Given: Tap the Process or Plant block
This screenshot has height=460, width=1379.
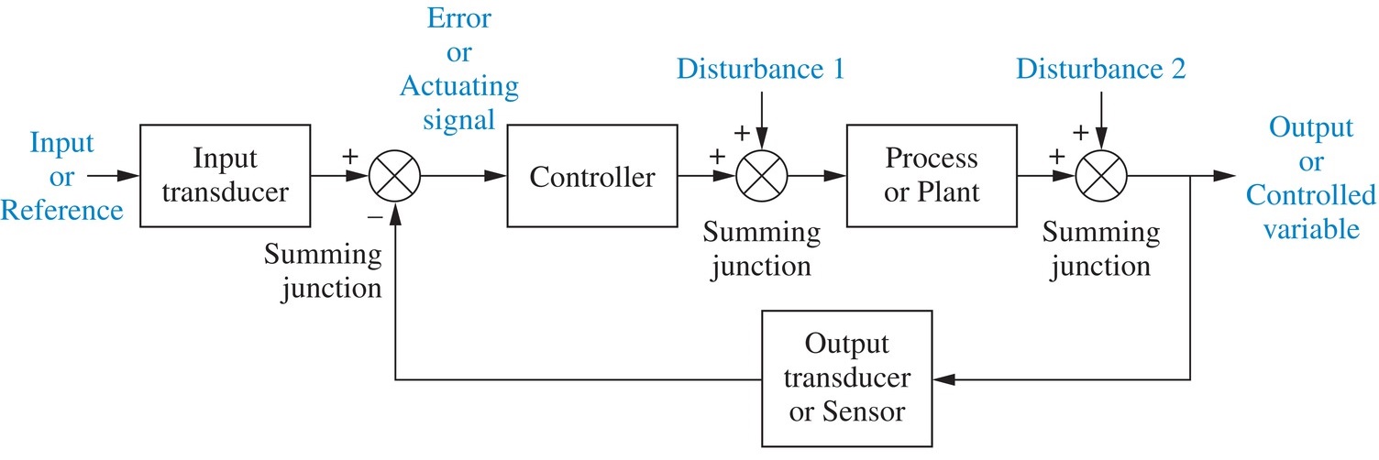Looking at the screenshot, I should point(932,175).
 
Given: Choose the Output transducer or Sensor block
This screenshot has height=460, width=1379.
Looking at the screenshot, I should point(845,377).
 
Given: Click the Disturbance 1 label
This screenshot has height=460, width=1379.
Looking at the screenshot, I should point(760,70).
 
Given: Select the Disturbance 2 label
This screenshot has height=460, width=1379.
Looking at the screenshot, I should point(1101,70).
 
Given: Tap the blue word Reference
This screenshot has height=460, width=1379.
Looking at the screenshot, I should point(61,210).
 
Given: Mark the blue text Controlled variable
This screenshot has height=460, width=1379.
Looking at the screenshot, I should point(1311,213).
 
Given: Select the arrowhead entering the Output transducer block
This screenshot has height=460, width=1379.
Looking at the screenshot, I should point(941,378).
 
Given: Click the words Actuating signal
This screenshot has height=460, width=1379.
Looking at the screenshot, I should point(458,104).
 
